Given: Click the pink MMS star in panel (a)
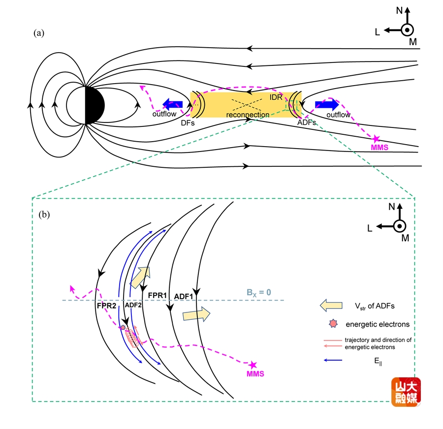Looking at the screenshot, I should click(x=377, y=139).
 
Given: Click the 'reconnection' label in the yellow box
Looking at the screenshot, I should click(x=248, y=115).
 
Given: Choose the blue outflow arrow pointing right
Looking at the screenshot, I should click(x=327, y=104).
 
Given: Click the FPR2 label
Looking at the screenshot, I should click(x=106, y=306).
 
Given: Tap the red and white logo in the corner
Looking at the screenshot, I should click(x=406, y=392).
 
